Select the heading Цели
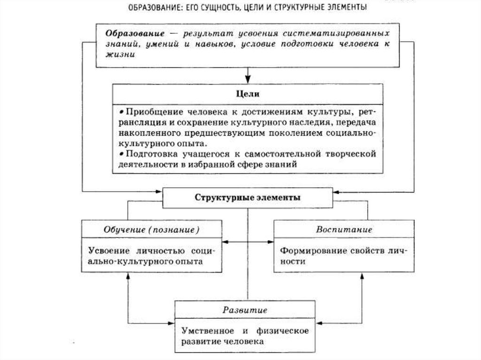click(x=247, y=94)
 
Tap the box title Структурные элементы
click(x=247, y=198)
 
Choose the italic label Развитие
click(x=245, y=310)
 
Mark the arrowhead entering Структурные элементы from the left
click(x=159, y=191)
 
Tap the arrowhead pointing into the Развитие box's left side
click(x=171, y=323)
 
